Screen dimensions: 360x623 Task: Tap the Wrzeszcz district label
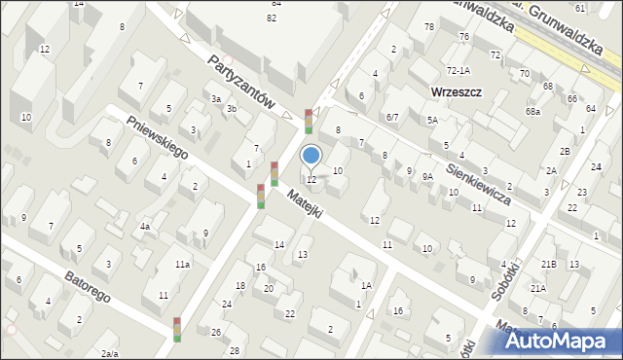click(456, 92)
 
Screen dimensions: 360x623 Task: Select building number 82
click(272, 18)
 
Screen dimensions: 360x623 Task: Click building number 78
click(428, 26)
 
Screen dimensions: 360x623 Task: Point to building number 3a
click(217, 98)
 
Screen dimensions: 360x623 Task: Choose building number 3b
click(232, 109)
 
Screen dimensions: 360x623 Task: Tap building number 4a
click(145, 227)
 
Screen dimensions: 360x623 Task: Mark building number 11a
click(182, 264)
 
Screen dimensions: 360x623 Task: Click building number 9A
click(427, 176)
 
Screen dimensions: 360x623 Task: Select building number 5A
click(432, 120)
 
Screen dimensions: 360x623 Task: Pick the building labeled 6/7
click(391, 117)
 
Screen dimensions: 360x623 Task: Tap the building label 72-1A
click(458, 70)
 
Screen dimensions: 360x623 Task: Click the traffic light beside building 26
click(177, 329)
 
